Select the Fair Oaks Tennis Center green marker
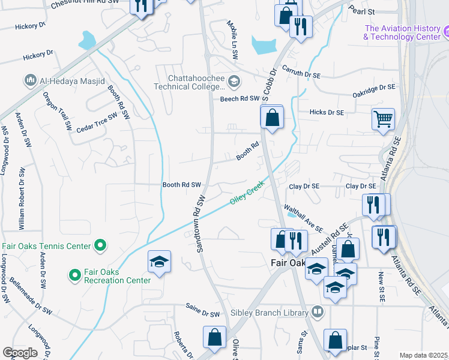pos(101,245)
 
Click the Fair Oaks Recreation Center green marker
pos(75,275)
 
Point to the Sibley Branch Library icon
pos(317,312)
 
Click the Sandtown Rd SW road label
pos(201,223)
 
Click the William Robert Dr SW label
pos(21,198)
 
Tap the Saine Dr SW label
pos(202,313)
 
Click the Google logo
pos(20,353)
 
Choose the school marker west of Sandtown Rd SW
pos(160,262)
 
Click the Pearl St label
pos(362,11)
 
